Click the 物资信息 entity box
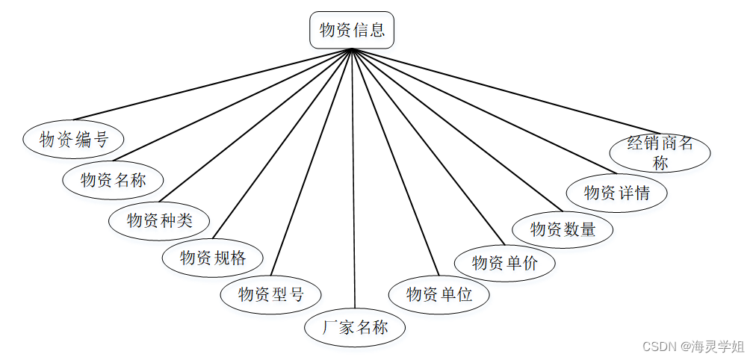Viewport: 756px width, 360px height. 352,31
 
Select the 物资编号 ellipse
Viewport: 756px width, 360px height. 73,140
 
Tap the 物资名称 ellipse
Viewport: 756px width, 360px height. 113,180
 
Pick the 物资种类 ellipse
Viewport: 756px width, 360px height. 159,220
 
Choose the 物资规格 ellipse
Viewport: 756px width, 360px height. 213,258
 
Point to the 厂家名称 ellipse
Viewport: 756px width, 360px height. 356,327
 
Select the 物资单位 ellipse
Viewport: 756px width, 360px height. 439,294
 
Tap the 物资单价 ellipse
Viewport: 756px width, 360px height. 505,262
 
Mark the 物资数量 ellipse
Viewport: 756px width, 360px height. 563,229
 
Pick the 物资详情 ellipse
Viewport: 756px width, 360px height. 617,193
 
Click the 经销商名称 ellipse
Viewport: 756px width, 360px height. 660,152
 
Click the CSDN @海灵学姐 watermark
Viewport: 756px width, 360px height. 693,347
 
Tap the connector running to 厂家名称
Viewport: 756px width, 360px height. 353,179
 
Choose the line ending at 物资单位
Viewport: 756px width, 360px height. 394,161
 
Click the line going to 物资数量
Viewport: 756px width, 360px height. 456,129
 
